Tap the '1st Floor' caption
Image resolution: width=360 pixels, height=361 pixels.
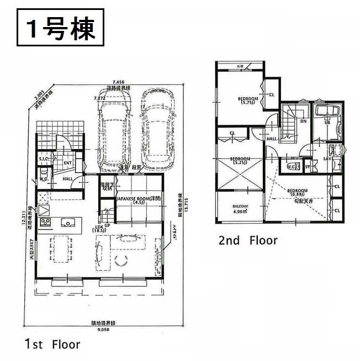pyautogui.click(x=52, y=344)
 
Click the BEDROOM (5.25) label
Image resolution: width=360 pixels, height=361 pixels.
pyautogui.click(x=240, y=161)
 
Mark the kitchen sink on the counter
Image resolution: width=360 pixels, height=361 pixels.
pyautogui.click(x=68, y=224)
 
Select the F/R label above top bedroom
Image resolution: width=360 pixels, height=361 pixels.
pyautogui.click(x=241, y=67)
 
